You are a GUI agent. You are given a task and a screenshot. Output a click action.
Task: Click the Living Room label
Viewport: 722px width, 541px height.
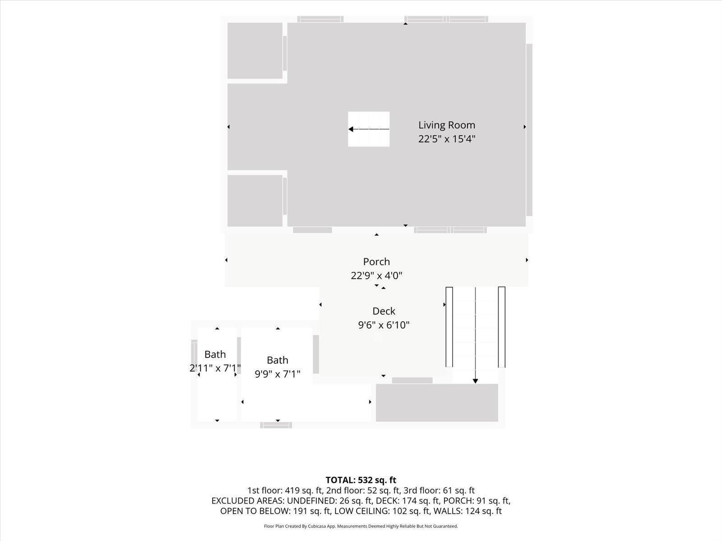(447, 125)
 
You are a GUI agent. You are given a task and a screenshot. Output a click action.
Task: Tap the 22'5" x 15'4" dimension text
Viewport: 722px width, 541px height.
(447, 139)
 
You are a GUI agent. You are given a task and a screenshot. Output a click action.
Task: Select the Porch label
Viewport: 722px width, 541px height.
(376, 262)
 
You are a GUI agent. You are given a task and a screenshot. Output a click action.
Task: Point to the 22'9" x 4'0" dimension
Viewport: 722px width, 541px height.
(376, 275)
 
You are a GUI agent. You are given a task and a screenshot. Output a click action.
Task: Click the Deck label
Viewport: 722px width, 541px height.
(384, 311)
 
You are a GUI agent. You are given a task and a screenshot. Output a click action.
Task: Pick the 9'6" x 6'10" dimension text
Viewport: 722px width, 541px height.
(384, 325)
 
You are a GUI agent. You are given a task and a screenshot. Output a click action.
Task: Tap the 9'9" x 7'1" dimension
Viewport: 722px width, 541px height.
(278, 374)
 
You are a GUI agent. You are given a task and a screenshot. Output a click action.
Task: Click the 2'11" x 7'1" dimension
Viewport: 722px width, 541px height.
(215, 368)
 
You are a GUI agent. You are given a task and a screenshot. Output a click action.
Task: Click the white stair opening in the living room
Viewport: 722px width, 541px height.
(369, 129)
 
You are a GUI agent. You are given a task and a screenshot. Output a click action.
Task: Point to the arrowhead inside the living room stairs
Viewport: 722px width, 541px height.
(351, 129)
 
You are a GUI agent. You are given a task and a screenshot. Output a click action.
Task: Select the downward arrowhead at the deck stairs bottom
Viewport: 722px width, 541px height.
(475, 381)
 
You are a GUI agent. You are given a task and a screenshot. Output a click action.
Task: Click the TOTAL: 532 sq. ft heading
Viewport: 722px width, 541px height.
(361, 480)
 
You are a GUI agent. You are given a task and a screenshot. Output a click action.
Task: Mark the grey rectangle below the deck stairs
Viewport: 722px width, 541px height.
(437, 403)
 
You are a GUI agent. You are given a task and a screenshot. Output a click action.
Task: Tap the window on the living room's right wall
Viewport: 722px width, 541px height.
(529, 130)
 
